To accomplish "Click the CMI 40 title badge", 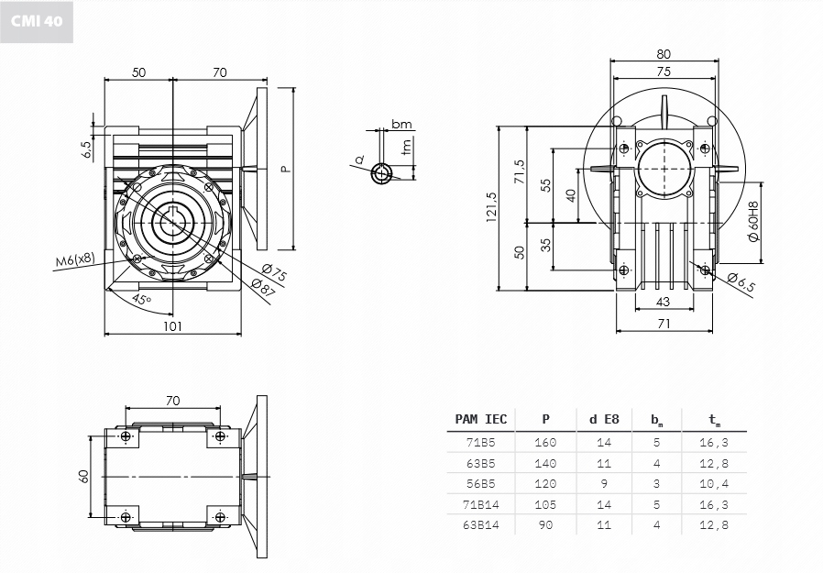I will [38, 21].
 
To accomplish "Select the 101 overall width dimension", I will [171, 325].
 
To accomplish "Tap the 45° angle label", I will [141, 299].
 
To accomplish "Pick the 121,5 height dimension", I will [492, 207].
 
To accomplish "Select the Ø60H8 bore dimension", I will [753, 221].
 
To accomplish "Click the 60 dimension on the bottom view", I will [82, 478].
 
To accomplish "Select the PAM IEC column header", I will [480, 419].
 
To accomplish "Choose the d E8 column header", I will [604, 419].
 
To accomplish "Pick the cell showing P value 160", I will [545, 442].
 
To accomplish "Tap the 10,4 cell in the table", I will [714, 483].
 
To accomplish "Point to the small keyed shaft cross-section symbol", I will [380, 172].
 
